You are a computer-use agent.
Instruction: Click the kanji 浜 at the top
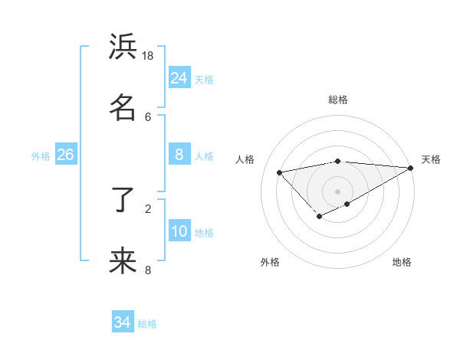point(123,48)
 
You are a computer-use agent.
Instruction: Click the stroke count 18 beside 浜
point(148,56)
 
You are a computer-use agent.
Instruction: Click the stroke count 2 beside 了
point(148,208)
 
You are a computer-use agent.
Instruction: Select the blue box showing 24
point(179,77)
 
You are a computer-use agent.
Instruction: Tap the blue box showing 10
point(179,231)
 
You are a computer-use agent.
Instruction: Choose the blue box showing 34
point(123,322)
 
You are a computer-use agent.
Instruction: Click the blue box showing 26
point(65,155)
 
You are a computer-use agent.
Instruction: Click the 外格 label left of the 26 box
point(41,156)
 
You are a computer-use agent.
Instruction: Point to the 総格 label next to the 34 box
point(147,324)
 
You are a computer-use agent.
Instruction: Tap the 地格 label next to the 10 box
point(204,233)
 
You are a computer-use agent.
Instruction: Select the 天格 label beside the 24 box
point(204,79)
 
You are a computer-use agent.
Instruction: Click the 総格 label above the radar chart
point(338,100)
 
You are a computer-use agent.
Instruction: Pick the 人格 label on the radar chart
point(245,159)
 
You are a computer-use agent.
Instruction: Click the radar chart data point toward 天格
point(410,168)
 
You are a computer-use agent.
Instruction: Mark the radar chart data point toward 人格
point(280,172)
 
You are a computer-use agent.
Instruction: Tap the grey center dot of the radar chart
point(338,191)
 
